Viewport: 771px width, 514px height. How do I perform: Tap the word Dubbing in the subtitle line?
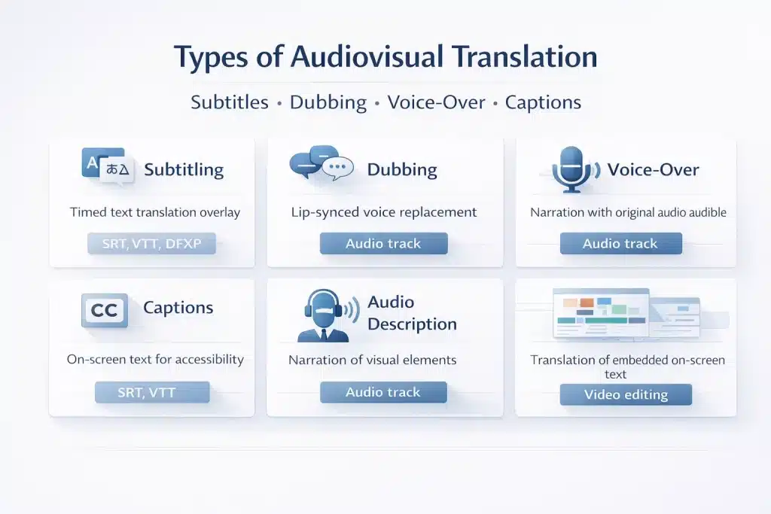pyautogui.click(x=328, y=102)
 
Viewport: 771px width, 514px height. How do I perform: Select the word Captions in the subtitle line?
pyautogui.click(x=543, y=102)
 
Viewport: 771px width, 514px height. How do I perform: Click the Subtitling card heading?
pyautogui.click(x=184, y=169)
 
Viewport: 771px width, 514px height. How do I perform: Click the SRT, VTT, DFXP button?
pyautogui.click(x=151, y=244)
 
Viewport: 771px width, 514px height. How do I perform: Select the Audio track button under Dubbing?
pyautogui.click(x=383, y=244)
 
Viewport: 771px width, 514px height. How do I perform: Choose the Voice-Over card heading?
pyautogui.click(x=654, y=169)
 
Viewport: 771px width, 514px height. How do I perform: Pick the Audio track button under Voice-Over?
pyautogui.click(x=620, y=244)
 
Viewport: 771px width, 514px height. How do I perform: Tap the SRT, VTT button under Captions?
pyautogui.click(x=151, y=393)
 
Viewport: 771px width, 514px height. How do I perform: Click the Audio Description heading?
pyautogui.click(x=412, y=313)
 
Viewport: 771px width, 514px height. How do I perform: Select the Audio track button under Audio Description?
pyautogui.click(x=383, y=393)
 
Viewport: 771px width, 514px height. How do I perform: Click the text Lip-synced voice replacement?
pyautogui.click(x=384, y=212)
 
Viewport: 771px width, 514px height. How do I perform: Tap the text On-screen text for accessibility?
pyautogui.click(x=155, y=360)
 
